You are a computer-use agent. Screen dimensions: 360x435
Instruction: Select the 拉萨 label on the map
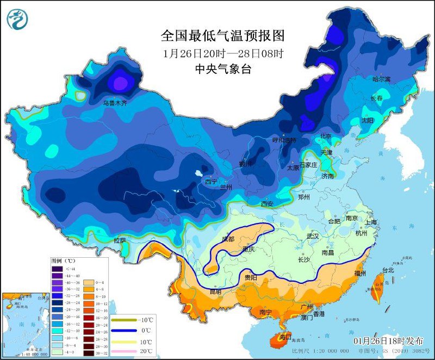[x=120, y=240]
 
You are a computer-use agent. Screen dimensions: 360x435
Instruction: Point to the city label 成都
[x=228, y=239]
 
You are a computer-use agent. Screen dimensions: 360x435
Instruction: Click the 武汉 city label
[x=313, y=237]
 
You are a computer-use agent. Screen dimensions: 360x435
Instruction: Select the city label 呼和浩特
[x=284, y=140]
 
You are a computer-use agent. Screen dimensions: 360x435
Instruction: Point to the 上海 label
[x=371, y=222]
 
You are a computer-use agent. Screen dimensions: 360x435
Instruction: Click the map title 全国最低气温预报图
[x=223, y=36]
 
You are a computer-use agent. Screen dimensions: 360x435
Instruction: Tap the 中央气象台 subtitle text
[x=223, y=69]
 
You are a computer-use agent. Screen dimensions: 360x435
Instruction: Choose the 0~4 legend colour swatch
[x=88, y=269]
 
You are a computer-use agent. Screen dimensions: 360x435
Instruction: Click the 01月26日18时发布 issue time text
[x=388, y=340]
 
